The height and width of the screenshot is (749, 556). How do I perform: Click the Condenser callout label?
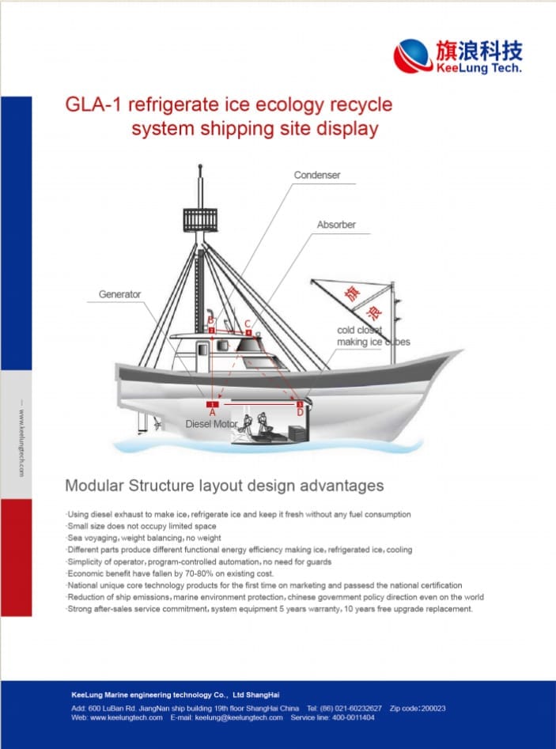(x=316, y=175)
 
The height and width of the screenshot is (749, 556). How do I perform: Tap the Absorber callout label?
(x=336, y=225)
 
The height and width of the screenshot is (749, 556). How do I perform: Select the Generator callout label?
(x=119, y=294)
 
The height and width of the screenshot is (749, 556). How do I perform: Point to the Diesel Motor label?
(x=211, y=424)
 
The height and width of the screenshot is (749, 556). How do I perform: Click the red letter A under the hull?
(x=212, y=412)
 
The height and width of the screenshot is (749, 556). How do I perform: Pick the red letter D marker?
(x=300, y=412)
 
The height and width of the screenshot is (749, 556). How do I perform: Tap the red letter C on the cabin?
(x=248, y=323)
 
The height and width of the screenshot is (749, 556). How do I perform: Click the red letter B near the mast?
(x=211, y=320)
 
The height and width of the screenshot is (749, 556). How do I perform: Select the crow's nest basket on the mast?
(x=199, y=218)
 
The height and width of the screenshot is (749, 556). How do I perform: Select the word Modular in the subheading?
(x=94, y=485)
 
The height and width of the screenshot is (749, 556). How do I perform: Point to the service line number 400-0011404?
(x=354, y=717)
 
